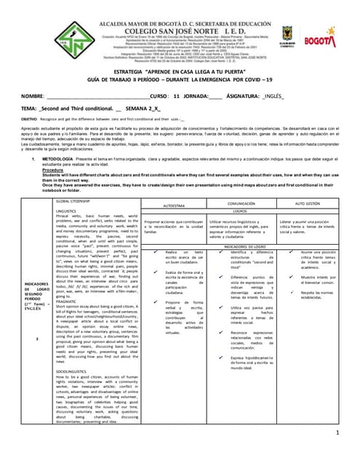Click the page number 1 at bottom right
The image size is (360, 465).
tap(338, 434)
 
